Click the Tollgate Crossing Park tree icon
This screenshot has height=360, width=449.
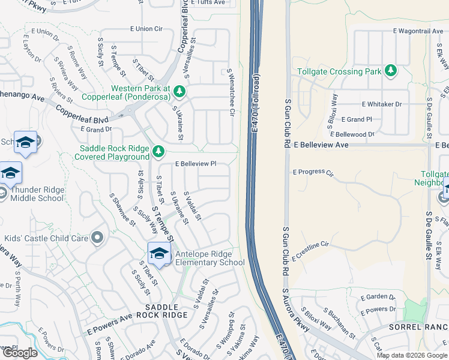tap(391, 71)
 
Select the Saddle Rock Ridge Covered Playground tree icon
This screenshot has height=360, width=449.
tap(158, 151)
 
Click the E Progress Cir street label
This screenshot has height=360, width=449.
tap(313, 172)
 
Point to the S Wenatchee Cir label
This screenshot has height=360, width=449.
tap(230, 89)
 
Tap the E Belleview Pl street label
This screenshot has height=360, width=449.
tap(196, 163)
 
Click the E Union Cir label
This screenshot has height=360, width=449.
tap(146, 28)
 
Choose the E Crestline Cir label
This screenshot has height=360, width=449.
tap(312, 250)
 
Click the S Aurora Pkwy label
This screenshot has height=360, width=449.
tap(295, 310)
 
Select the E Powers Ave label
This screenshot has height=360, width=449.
tap(109, 324)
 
